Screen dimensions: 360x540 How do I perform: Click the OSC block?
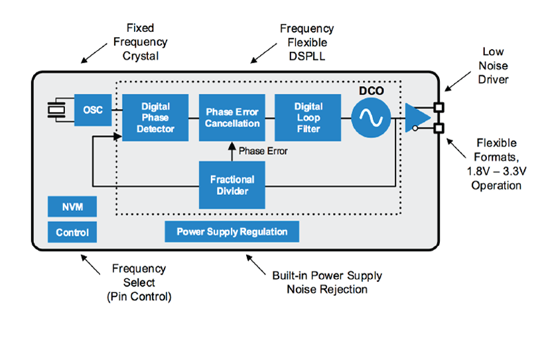(x=93, y=110)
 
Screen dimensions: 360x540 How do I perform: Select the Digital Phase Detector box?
(x=155, y=117)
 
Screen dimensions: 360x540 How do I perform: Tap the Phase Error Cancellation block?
(x=232, y=117)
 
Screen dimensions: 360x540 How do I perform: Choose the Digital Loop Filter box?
(x=308, y=117)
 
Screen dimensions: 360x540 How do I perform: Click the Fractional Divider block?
(x=232, y=185)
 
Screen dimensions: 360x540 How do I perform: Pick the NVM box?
(x=72, y=207)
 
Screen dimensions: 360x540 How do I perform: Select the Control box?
(x=72, y=233)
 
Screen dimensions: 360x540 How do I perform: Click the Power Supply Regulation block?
(x=232, y=232)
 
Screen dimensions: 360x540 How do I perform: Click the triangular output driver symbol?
(x=417, y=117)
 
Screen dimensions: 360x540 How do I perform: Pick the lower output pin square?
(x=438, y=129)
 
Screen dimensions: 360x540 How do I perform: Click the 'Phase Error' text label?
(x=263, y=151)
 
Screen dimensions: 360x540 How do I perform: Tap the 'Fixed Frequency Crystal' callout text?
(x=140, y=42)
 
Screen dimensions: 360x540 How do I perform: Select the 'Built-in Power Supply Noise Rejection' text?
(x=327, y=282)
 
